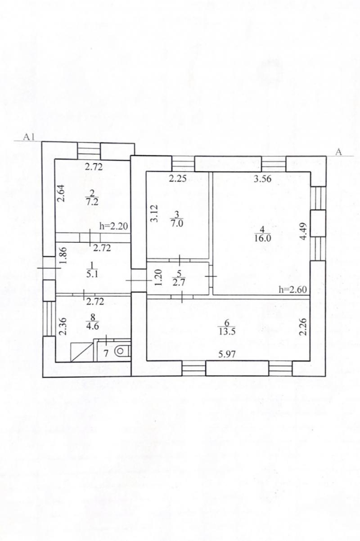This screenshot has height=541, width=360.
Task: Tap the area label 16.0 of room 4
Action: click(x=263, y=238)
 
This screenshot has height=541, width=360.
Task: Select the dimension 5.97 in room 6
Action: click(x=227, y=354)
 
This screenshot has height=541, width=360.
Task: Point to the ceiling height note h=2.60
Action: click(x=292, y=289)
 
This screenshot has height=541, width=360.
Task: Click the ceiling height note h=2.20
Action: click(x=113, y=226)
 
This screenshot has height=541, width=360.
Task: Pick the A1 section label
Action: click(x=29, y=137)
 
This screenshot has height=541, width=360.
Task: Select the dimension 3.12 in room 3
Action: click(x=154, y=213)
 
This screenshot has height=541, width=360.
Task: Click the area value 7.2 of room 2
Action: click(x=92, y=201)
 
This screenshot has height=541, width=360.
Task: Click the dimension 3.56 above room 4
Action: click(x=262, y=179)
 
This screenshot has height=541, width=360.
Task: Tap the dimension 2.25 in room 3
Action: click(x=178, y=179)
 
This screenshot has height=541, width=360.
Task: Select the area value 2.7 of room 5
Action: click(x=179, y=282)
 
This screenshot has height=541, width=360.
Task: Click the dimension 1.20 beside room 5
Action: click(x=158, y=277)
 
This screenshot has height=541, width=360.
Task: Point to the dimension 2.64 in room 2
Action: click(x=61, y=193)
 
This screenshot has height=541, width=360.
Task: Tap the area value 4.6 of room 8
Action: click(x=92, y=326)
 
